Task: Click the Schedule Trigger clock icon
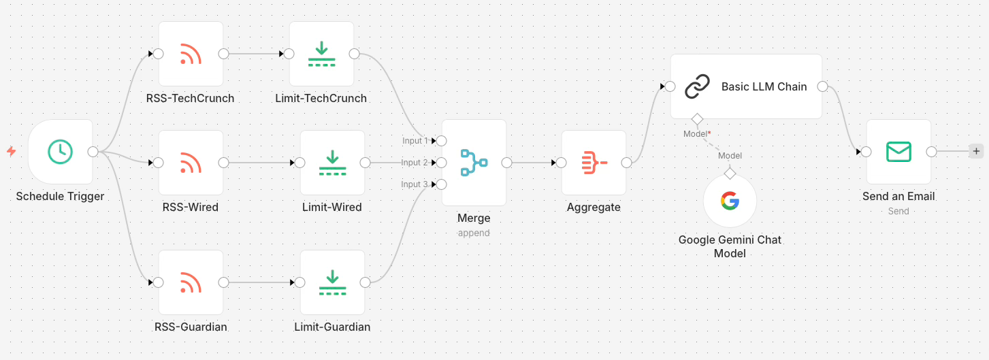[61, 151]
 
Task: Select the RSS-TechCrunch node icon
[191, 54]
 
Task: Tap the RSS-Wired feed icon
[191, 163]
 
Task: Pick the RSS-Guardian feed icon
[191, 282]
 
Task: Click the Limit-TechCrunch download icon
[321, 54]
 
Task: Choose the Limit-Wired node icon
[332, 163]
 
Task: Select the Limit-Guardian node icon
[332, 282]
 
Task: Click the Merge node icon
[474, 163]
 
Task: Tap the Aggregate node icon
[594, 163]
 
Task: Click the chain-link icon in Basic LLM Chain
[697, 86]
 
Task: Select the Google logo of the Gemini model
[730, 201]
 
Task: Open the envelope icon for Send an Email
[898, 152]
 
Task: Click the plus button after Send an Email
[977, 152]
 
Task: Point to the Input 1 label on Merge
[415, 141]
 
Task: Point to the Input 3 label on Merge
[415, 184]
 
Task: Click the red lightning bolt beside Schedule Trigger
[11, 151]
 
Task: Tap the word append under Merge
[474, 233]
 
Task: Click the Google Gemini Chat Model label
[730, 246]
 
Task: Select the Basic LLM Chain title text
[764, 86]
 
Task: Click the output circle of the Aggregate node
[626, 163]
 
